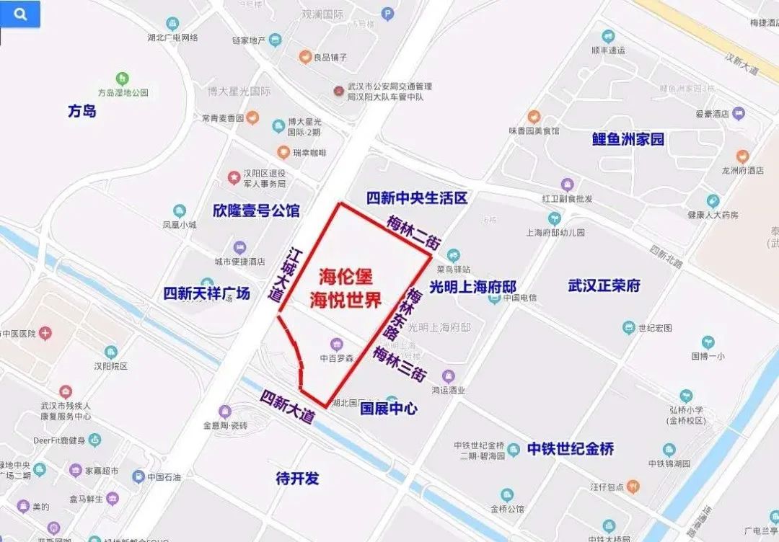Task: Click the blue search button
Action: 20,14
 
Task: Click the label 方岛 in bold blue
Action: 82,111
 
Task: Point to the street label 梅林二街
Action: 413,232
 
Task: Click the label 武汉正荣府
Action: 604,285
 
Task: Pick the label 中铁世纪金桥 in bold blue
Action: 570,448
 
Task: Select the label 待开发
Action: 297,478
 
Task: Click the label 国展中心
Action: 388,409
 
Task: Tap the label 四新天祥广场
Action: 206,293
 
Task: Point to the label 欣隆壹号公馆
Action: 256,210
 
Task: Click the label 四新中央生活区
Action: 417,198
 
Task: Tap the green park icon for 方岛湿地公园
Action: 123,78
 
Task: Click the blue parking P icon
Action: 387,13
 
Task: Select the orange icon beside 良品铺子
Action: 305,56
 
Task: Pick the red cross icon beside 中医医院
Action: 45,333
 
